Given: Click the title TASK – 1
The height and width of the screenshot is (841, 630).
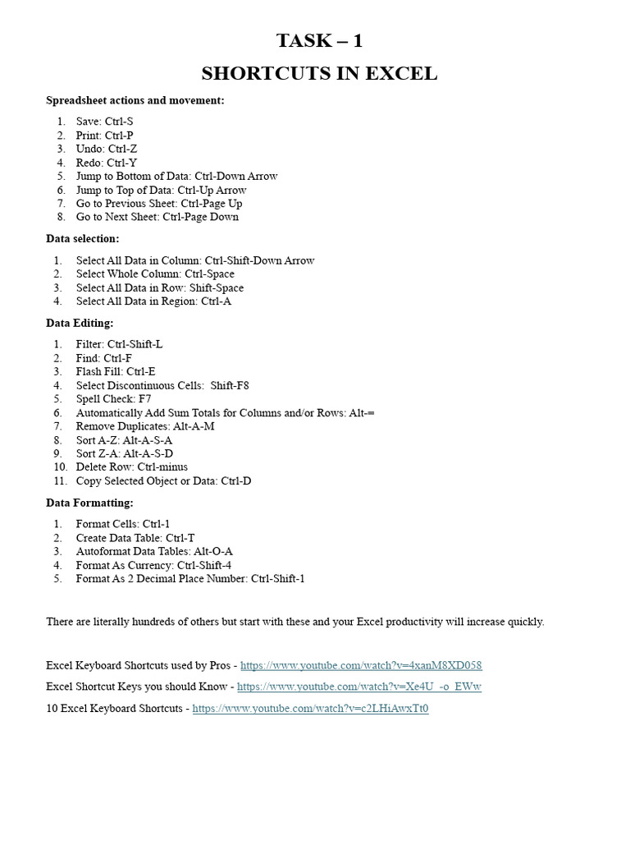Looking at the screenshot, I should (x=319, y=41).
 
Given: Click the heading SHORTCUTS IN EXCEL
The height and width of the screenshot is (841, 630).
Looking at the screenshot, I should (x=319, y=74).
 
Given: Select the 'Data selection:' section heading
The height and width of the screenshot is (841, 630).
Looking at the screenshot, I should (x=82, y=238).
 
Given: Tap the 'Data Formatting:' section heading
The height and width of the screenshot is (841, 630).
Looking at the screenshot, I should (x=89, y=502).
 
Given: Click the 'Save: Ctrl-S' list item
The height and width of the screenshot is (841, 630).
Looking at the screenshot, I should (x=104, y=122).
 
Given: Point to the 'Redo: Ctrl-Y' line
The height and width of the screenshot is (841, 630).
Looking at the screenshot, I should (x=107, y=163).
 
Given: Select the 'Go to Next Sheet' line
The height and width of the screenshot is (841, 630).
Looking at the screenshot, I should (x=157, y=217).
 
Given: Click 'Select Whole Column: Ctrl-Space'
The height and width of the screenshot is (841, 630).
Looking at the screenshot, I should (x=155, y=273).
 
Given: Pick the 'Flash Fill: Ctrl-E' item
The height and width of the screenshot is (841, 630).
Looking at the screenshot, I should (x=116, y=371).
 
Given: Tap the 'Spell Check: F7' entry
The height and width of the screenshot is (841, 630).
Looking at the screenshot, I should (x=113, y=399).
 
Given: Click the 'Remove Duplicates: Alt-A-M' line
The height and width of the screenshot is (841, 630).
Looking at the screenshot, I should (x=145, y=426).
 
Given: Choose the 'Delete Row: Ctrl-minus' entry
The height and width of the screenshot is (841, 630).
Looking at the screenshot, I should (x=132, y=467).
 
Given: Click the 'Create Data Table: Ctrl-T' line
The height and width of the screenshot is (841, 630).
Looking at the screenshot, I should (x=135, y=537).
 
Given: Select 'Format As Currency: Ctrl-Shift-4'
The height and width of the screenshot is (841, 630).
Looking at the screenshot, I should (x=153, y=565).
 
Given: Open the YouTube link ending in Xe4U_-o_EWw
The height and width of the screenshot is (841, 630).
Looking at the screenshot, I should (x=359, y=687).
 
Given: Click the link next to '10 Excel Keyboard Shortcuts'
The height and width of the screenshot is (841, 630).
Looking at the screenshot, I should (x=310, y=708).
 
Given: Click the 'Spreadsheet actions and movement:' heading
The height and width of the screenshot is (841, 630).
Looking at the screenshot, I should (x=135, y=100).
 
